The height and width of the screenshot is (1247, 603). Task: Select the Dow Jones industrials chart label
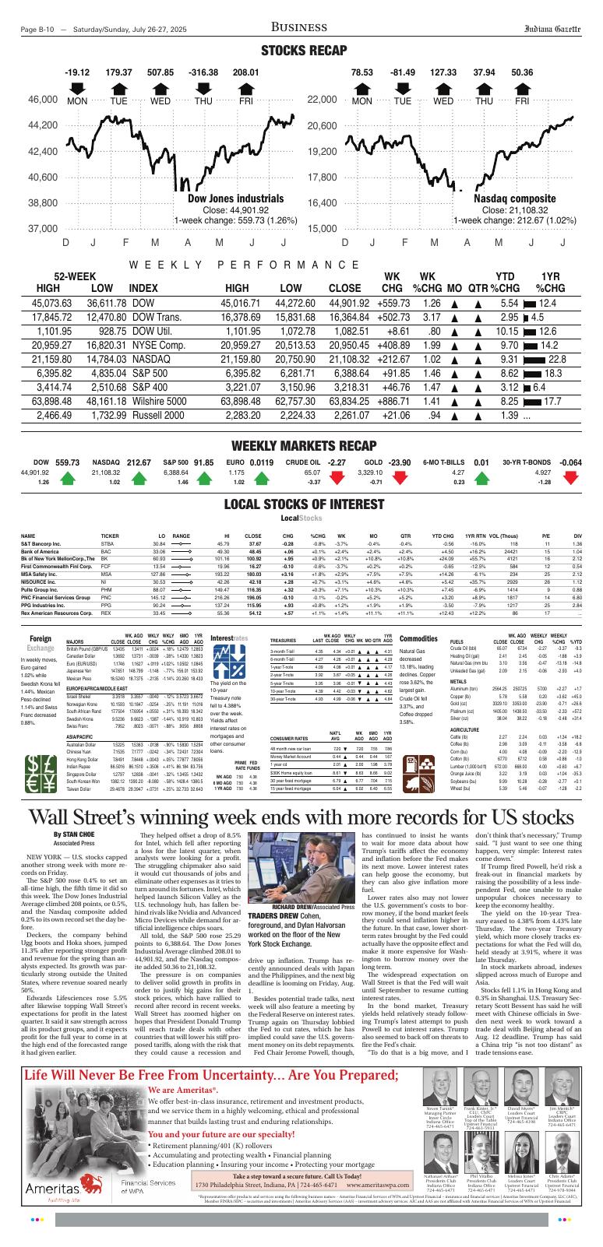click(x=224, y=198)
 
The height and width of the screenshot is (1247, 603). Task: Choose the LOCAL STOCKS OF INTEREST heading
click(x=301, y=504)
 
